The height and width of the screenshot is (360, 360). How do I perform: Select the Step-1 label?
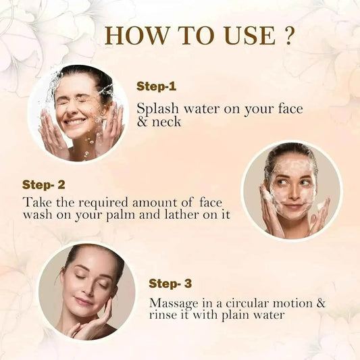156,86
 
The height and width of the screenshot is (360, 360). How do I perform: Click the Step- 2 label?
44,185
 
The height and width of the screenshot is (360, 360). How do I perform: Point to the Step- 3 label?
170,284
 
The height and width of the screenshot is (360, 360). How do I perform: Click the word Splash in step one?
157,109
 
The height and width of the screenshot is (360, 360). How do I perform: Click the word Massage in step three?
174,304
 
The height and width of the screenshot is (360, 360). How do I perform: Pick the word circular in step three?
248,303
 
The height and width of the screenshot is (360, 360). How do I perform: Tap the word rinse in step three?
163,315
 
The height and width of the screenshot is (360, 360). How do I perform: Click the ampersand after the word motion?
321,303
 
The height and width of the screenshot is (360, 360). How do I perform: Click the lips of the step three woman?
83,301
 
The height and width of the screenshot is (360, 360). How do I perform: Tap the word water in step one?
202,109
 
